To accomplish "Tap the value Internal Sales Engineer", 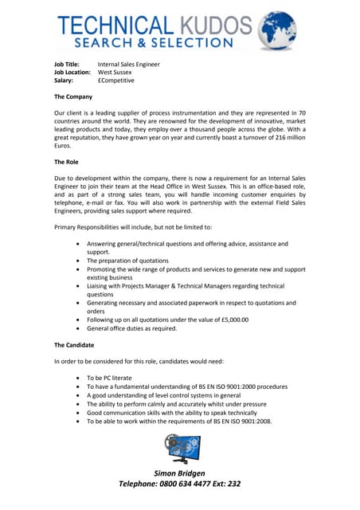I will click(x=128, y=64).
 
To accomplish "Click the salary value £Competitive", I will click(x=116, y=80).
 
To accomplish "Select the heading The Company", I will click(x=73, y=96).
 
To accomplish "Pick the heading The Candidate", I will click(x=74, y=345).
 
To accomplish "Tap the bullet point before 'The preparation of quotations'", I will click(x=76, y=261).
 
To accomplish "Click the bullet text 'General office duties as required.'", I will click(x=133, y=328).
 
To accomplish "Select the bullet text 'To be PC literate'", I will click(x=109, y=378).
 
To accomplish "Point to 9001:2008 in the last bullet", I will click(x=253, y=422).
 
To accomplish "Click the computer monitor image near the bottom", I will click(x=182, y=449).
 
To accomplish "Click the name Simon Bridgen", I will click(x=180, y=473).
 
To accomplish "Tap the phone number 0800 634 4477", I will click(x=188, y=484).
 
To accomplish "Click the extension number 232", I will click(x=232, y=484).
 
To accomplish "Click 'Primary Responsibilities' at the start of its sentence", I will click(x=88, y=227).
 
